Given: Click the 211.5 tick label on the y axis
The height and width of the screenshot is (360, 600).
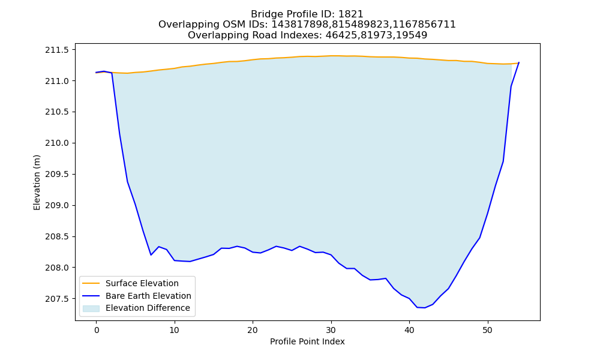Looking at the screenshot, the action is (x=57, y=50).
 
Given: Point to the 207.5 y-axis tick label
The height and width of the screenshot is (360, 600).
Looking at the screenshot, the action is (x=57, y=299).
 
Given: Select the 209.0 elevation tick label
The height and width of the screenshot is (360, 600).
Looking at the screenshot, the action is (x=57, y=205).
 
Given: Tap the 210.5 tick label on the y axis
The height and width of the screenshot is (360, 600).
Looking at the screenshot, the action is (x=57, y=112).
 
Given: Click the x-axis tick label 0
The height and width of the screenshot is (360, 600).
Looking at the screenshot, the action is (x=97, y=330).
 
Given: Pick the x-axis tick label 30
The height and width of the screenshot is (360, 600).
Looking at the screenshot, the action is (x=331, y=330).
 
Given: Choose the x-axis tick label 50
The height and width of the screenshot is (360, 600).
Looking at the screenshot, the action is (x=487, y=330).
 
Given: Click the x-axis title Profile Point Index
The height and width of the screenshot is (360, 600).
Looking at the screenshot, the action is (x=307, y=341).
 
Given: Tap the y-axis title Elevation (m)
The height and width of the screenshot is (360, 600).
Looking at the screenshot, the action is (x=37, y=182).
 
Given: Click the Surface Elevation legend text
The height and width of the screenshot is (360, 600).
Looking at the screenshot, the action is (x=142, y=283).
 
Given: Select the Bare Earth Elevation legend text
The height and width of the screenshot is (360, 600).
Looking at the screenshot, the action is (x=148, y=296).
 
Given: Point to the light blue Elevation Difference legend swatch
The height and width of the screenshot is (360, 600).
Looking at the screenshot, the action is (x=91, y=308).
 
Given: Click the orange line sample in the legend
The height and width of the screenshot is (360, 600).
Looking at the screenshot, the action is (x=91, y=283).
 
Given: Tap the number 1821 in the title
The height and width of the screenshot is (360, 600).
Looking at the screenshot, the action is (x=351, y=14).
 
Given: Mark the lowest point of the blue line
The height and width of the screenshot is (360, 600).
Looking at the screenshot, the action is (x=424, y=308).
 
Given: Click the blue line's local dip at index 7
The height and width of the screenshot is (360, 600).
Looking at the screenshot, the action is (x=151, y=255).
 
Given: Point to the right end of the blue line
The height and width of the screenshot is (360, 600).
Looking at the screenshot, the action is (x=518, y=62).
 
